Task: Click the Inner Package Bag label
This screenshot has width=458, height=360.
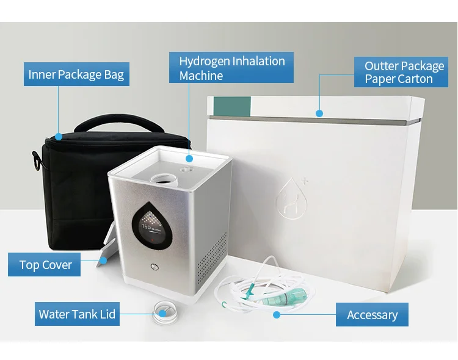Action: pos(76,74)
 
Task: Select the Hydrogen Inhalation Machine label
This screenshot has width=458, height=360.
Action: pos(231,68)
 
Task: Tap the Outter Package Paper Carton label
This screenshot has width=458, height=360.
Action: pos(401,72)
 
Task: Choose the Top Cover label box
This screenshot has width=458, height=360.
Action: pos(44,265)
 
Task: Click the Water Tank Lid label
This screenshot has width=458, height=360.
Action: pos(77,314)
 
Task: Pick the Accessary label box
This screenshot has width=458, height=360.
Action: pos(372,314)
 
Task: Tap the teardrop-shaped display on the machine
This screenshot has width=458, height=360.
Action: pos(151,225)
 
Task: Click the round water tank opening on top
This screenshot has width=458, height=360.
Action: pos(164,179)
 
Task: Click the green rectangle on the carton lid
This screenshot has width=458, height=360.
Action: pos(232,106)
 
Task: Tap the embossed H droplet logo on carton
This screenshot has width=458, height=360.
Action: pos(292,198)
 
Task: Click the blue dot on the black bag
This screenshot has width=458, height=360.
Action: pos(59,136)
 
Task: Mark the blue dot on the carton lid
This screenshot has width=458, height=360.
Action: pos(319,113)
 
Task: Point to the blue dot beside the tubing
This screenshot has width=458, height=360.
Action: pos(277,315)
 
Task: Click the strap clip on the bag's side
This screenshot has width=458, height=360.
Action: pos(36,160)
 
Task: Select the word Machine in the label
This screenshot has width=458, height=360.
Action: pos(201,76)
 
